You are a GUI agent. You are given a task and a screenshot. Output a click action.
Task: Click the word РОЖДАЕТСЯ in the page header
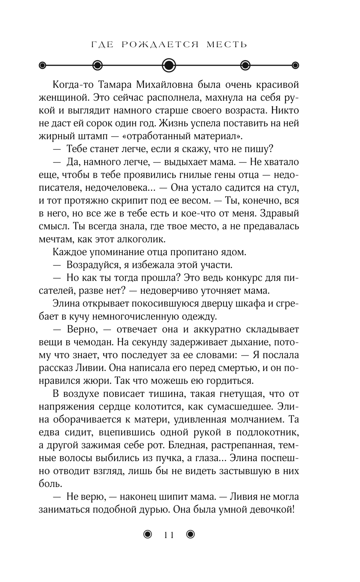click(x=160, y=45)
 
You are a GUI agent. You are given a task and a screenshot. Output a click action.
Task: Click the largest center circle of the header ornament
click(x=169, y=65)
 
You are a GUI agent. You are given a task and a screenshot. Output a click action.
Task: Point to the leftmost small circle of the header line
click(x=42, y=65)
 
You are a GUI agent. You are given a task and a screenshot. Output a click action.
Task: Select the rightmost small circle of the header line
click(x=296, y=65)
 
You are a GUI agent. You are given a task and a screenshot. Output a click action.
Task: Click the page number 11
click(x=169, y=535)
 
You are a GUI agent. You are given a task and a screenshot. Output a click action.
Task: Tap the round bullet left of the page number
click(x=148, y=535)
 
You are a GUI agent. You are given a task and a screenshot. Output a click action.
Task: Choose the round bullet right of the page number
click(x=190, y=535)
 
